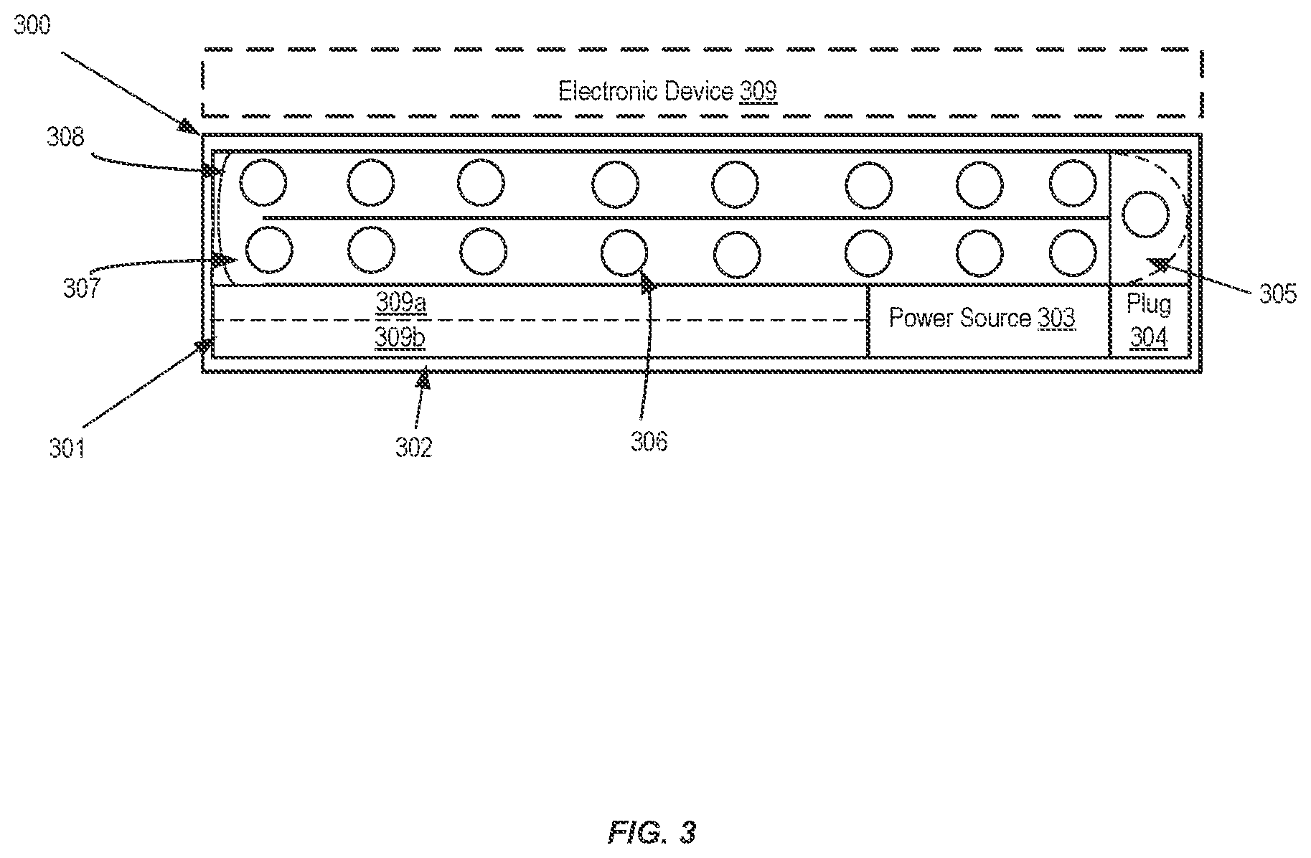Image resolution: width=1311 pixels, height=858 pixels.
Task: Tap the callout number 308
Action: [x=66, y=136]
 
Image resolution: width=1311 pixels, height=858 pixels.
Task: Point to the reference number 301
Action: [x=67, y=448]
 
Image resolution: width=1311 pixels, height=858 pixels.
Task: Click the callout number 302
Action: [x=413, y=448]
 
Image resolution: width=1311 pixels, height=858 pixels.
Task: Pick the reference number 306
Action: [x=649, y=442]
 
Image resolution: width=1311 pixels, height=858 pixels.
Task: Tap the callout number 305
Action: [x=1278, y=294]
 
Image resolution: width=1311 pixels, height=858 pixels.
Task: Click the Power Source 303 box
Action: [x=989, y=321]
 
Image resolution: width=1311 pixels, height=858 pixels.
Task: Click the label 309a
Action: [x=401, y=303]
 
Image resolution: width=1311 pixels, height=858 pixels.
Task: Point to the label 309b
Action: [x=400, y=337]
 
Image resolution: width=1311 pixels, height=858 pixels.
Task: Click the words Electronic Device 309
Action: [x=667, y=92]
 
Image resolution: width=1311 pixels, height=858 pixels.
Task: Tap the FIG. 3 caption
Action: [x=652, y=832]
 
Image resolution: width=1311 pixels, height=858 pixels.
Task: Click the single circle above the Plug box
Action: [x=1146, y=214]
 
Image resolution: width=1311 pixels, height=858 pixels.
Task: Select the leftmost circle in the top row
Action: [x=263, y=183]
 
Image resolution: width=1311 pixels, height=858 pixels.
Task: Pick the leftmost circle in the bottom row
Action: [x=269, y=250]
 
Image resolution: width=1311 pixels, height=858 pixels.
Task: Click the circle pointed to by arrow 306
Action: [x=624, y=252]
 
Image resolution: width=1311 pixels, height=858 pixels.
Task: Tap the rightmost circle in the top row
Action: [x=1073, y=183]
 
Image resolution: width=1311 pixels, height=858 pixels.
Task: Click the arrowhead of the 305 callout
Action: [x=1157, y=266]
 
